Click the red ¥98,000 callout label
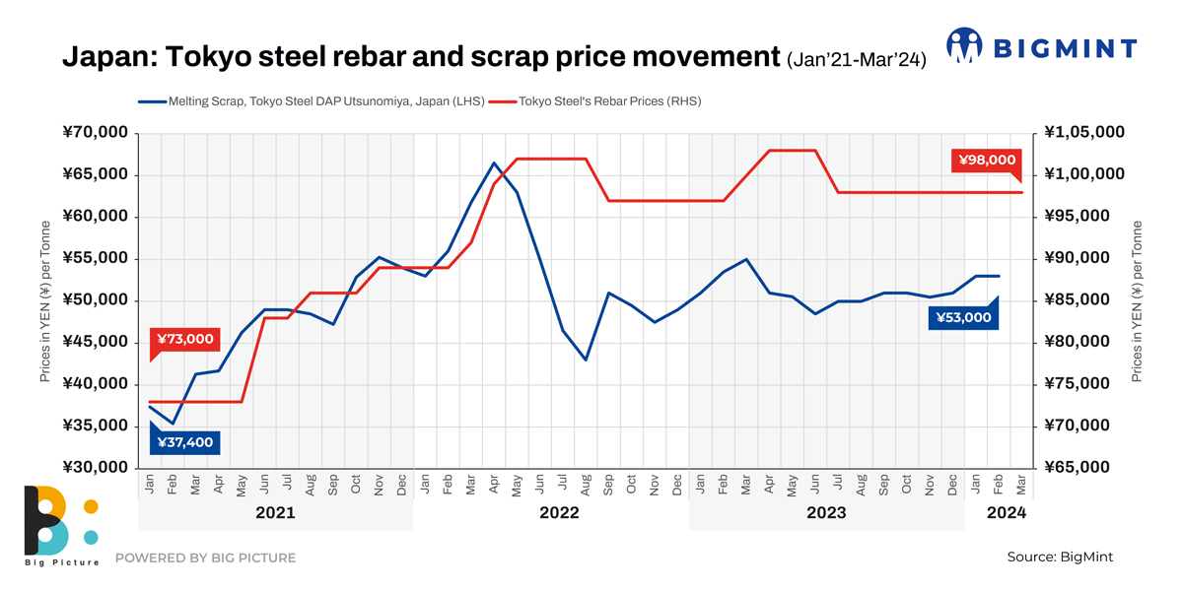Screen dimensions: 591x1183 [984, 160]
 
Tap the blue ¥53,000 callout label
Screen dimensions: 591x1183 [963, 317]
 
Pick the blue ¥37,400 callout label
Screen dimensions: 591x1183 [184, 442]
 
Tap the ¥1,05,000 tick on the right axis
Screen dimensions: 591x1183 [1084, 133]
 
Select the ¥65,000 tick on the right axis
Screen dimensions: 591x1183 [1084, 468]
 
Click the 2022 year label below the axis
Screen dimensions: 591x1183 [559, 513]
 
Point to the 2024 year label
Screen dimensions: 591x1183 [1007, 513]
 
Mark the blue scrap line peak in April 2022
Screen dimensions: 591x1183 [494, 163]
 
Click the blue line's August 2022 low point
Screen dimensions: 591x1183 [586, 360]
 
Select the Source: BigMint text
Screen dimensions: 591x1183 [1059, 558]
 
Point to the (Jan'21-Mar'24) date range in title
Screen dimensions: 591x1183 [855, 61]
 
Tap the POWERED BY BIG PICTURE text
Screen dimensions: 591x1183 [205, 558]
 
